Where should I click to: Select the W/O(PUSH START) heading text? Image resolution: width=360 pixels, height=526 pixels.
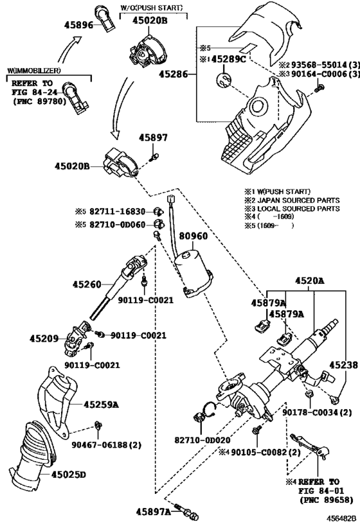150,7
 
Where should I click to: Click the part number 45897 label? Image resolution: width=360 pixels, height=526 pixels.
152,137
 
